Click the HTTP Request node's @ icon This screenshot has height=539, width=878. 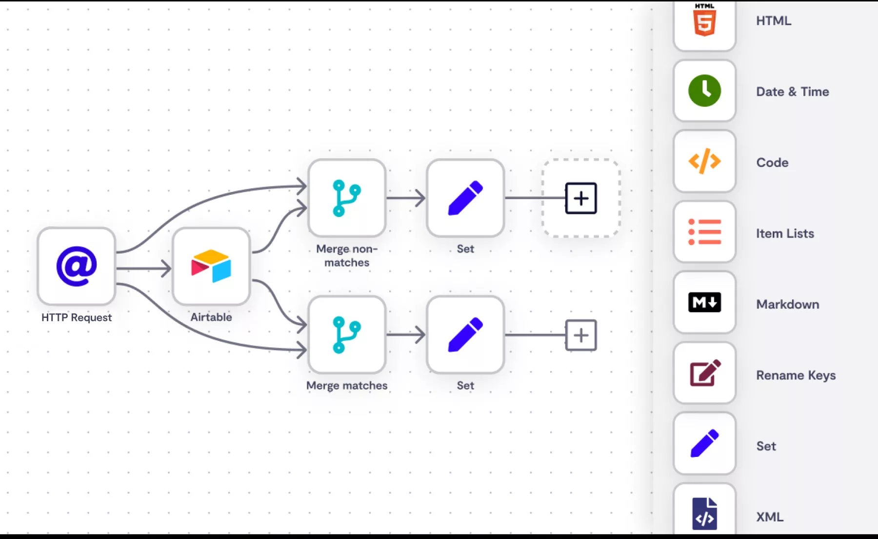tap(77, 266)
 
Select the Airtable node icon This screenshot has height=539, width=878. tap(211, 266)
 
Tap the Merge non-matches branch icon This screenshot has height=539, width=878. tap(347, 198)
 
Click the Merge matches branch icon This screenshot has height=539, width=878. tap(347, 335)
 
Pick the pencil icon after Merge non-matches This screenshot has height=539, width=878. tap(465, 198)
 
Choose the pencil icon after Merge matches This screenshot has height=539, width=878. tap(465, 335)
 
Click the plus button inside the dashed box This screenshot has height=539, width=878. tap(580, 198)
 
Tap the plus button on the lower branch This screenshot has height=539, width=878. tap(580, 335)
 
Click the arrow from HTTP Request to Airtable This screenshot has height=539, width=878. tap(144, 268)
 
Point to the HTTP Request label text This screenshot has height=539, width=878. tap(77, 317)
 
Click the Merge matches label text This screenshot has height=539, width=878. tap(347, 385)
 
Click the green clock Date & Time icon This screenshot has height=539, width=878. tap(704, 91)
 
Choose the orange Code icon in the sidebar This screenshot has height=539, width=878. tap(704, 162)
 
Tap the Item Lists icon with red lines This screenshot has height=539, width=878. tap(704, 232)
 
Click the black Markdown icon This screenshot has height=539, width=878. tap(704, 303)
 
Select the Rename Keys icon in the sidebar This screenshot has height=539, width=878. tap(704, 373)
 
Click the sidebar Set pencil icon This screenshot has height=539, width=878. tap(704, 444)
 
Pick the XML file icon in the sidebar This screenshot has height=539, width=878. tap(704, 514)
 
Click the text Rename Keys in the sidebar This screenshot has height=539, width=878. tap(796, 375)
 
